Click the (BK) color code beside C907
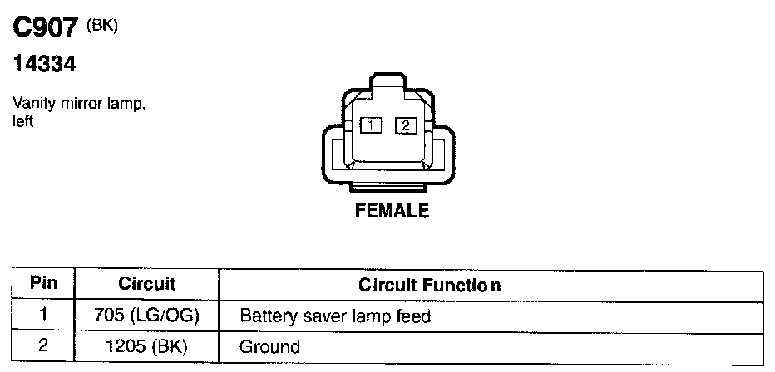click(x=104, y=26)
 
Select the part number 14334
click(x=47, y=65)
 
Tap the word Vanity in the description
click(x=32, y=105)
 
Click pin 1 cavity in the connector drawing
click(x=370, y=125)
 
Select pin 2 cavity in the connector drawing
click(x=405, y=125)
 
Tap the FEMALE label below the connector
click(x=392, y=211)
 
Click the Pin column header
click(x=43, y=283)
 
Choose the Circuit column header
click(x=146, y=284)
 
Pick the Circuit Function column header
click(x=429, y=285)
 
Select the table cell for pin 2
click(x=43, y=345)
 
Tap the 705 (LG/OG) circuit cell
click(x=146, y=316)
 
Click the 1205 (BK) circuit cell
click(x=146, y=345)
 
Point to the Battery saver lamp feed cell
click(x=335, y=316)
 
